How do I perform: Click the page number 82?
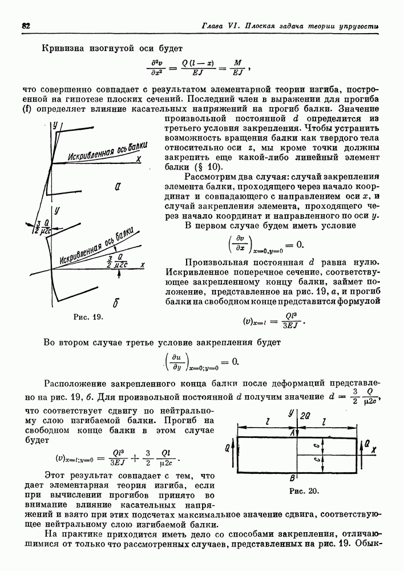[x=26, y=26]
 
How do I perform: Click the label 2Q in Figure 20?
[x=305, y=414]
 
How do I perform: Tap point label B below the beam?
[x=292, y=478]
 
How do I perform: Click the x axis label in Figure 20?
[x=374, y=449]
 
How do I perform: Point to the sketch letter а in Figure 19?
[x=116, y=186]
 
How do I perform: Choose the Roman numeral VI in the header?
[x=235, y=26]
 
